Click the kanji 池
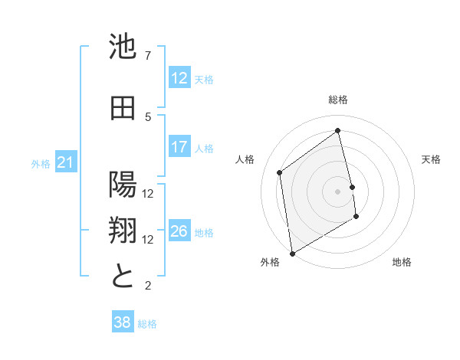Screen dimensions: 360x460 (x=123, y=47)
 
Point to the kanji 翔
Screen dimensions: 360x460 (x=123, y=231)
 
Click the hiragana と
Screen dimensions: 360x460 (x=123, y=276)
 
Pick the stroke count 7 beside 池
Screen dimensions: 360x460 (x=148, y=56)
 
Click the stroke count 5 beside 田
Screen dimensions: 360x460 (x=148, y=116)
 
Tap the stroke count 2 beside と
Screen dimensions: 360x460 (x=148, y=286)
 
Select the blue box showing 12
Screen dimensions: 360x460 (x=179, y=78)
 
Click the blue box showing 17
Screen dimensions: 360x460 (x=179, y=148)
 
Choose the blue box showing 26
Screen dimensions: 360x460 (x=179, y=232)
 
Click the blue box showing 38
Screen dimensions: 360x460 (x=123, y=323)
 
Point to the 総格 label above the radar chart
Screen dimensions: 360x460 (x=338, y=100)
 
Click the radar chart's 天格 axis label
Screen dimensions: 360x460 (x=431, y=159)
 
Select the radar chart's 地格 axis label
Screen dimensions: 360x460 (x=402, y=262)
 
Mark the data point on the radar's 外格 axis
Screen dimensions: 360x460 (x=291, y=253)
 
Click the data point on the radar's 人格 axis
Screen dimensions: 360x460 (x=280, y=172)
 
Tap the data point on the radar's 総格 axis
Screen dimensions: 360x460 (x=338, y=130)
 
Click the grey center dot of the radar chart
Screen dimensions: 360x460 (x=338, y=191)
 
